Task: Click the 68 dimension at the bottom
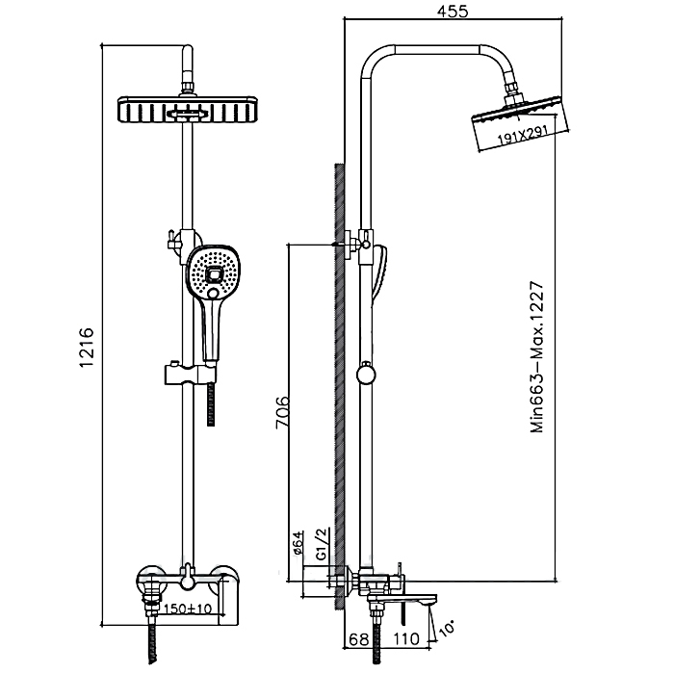[358, 638]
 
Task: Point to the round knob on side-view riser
[366, 375]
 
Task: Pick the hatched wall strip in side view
[339, 385]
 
